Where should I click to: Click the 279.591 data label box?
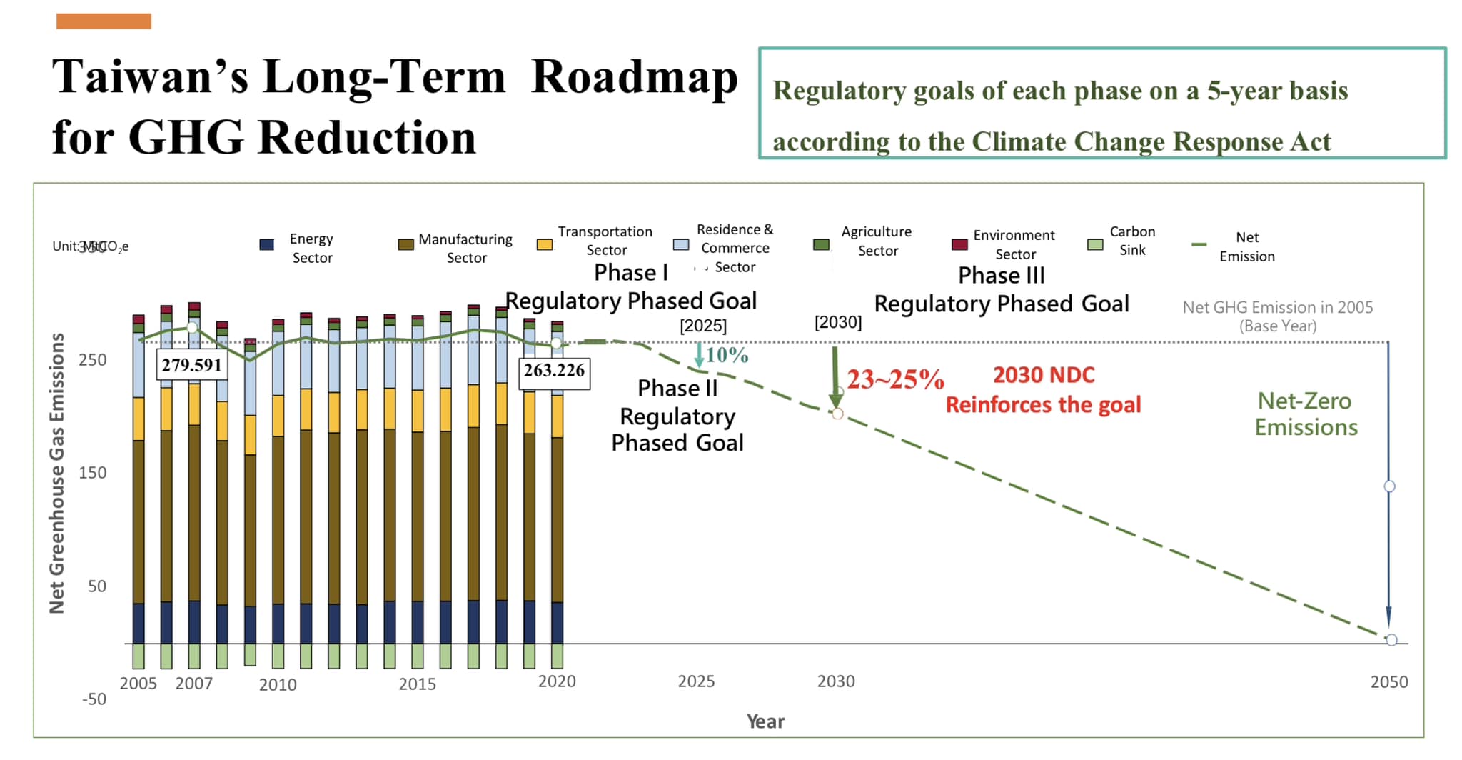pyautogui.click(x=192, y=365)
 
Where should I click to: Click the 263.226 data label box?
pyautogui.click(x=554, y=371)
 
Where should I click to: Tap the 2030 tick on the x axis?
pyautogui.click(x=836, y=681)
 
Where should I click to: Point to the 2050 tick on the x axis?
pyautogui.click(x=1389, y=682)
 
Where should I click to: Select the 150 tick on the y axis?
pyautogui.click(x=93, y=473)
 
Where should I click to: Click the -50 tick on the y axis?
pyautogui.click(x=94, y=699)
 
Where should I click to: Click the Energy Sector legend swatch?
pyautogui.click(x=267, y=245)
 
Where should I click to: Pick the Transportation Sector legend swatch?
pyautogui.click(x=545, y=245)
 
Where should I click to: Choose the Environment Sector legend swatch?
pyautogui.click(x=960, y=245)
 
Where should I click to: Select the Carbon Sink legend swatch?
pyautogui.click(x=1095, y=245)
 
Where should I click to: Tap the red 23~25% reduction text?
pyautogui.click(x=895, y=379)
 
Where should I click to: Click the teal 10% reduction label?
pyautogui.click(x=727, y=355)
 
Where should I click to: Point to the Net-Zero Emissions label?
pyautogui.click(x=1306, y=414)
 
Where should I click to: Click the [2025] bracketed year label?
pyautogui.click(x=703, y=326)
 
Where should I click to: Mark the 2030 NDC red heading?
pyautogui.click(x=1044, y=375)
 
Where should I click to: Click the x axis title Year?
pyautogui.click(x=765, y=721)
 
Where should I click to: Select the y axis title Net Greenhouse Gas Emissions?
pyautogui.click(x=57, y=473)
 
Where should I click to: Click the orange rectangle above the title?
pyautogui.click(x=104, y=21)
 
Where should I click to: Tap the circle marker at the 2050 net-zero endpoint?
pyautogui.click(x=1391, y=640)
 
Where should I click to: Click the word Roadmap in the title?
pyautogui.click(x=635, y=77)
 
